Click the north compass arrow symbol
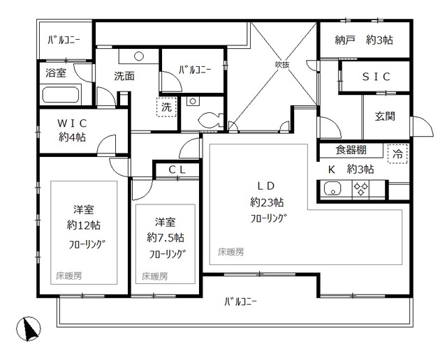29,328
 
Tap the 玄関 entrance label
384,117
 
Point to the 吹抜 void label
281,65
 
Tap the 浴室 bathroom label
55,72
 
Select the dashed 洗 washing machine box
166,107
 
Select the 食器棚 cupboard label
351,149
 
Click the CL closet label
177,170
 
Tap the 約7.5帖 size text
166,238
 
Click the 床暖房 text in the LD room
230,252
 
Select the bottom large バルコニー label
240,302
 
